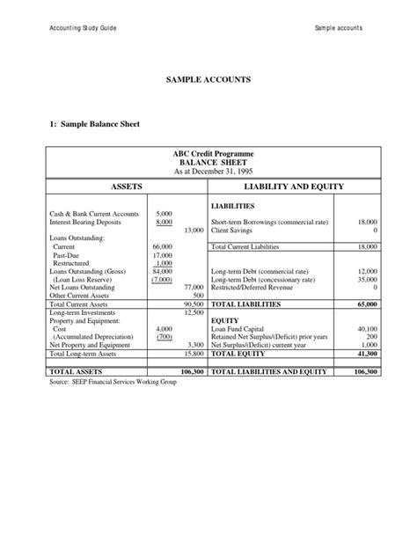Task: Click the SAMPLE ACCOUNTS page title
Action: [208, 80]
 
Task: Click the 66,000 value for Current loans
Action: [162, 247]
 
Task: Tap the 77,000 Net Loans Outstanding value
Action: [194, 287]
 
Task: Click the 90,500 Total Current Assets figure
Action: [193, 304]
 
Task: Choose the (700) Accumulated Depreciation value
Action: [164, 337]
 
